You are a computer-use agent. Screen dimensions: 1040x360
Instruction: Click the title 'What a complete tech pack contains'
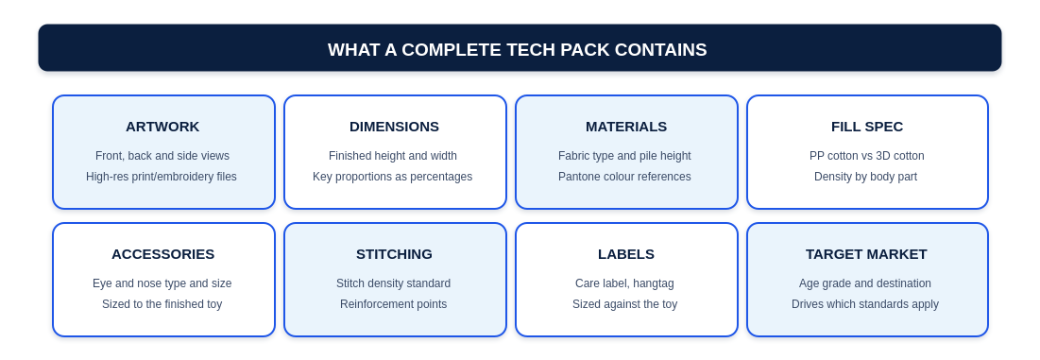[x=518, y=50]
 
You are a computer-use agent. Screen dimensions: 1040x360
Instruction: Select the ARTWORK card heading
[x=162, y=127]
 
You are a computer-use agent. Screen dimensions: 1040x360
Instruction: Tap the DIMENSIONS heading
[x=394, y=127]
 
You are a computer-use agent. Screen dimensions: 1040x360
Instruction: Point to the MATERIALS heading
[x=626, y=127]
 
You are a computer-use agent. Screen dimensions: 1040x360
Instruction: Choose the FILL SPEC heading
[x=867, y=127]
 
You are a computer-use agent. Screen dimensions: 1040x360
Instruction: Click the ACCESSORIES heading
[x=162, y=254]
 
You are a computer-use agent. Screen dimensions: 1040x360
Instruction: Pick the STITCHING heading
[x=394, y=254]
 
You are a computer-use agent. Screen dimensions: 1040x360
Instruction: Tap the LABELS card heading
[x=626, y=254]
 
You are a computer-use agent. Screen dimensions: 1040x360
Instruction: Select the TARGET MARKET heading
[x=866, y=254]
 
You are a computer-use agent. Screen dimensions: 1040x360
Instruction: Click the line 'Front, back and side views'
[x=162, y=156]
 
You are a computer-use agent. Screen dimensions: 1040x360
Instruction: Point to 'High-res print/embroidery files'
[x=162, y=177]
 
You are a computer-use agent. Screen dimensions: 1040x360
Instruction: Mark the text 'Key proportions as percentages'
[x=393, y=177]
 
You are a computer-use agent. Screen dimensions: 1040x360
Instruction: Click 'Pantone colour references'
[x=624, y=177]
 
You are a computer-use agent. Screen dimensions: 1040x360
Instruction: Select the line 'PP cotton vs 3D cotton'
[x=867, y=156]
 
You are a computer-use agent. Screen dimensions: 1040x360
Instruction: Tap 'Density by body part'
[x=865, y=177]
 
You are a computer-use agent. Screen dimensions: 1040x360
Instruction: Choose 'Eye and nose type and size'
[x=162, y=283]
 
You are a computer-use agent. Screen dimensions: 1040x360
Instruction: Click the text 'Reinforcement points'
[x=393, y=304]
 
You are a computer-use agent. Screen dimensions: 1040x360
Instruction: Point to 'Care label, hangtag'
[x=624, y=283]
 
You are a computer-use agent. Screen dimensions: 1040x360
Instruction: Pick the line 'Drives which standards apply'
[x=865, y=304]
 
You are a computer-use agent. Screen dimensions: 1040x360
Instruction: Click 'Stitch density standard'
[x=393, y=283]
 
